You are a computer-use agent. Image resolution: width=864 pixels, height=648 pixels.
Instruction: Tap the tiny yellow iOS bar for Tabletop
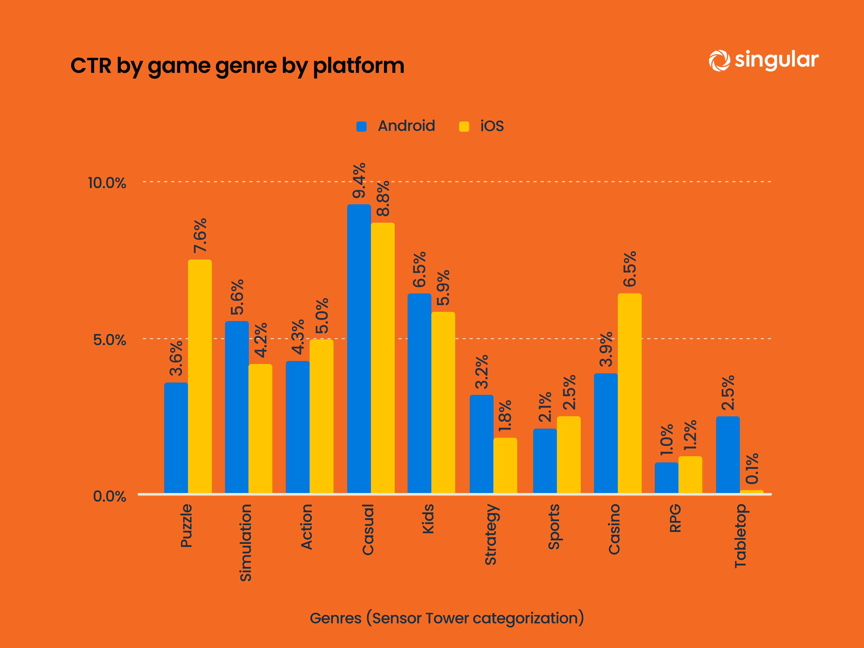[751, 492]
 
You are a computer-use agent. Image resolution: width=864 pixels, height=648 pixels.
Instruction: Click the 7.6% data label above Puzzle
[200, 235]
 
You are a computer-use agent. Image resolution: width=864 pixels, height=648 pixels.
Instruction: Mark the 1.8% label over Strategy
[505, 416]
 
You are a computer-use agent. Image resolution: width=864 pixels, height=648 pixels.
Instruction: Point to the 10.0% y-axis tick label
[107, 183]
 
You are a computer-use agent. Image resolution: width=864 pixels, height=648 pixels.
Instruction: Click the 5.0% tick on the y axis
[109, 340]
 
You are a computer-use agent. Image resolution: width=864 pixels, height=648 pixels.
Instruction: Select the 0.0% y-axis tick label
[109, 497]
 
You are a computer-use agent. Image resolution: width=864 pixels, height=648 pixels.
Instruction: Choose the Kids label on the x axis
[428, 519]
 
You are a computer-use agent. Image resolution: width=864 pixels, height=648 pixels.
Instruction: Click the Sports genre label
[553, 526]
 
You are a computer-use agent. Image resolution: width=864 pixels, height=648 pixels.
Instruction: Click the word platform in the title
[358, 66]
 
